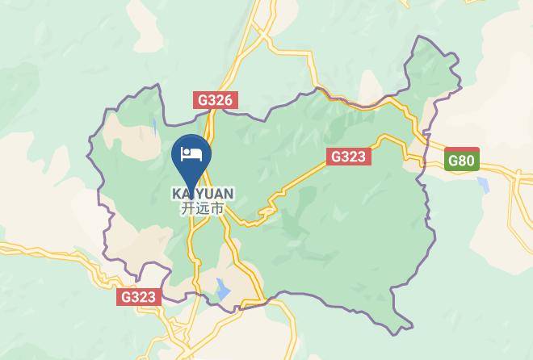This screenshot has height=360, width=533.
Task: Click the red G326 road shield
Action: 215,101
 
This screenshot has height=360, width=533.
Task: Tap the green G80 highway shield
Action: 461,159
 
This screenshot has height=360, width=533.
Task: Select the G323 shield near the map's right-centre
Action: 348,157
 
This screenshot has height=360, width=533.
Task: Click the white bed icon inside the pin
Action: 192,153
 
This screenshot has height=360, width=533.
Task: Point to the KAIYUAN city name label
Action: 203,194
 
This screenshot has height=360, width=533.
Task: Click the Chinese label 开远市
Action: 203,208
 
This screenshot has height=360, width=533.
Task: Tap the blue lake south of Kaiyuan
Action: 223,288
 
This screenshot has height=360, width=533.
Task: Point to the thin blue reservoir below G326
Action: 154,128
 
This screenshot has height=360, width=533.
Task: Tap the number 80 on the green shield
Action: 465,161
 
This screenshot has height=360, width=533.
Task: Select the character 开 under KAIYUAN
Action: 187,208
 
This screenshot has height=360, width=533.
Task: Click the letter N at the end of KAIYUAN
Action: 229,194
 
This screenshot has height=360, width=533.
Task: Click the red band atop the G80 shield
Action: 461,151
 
